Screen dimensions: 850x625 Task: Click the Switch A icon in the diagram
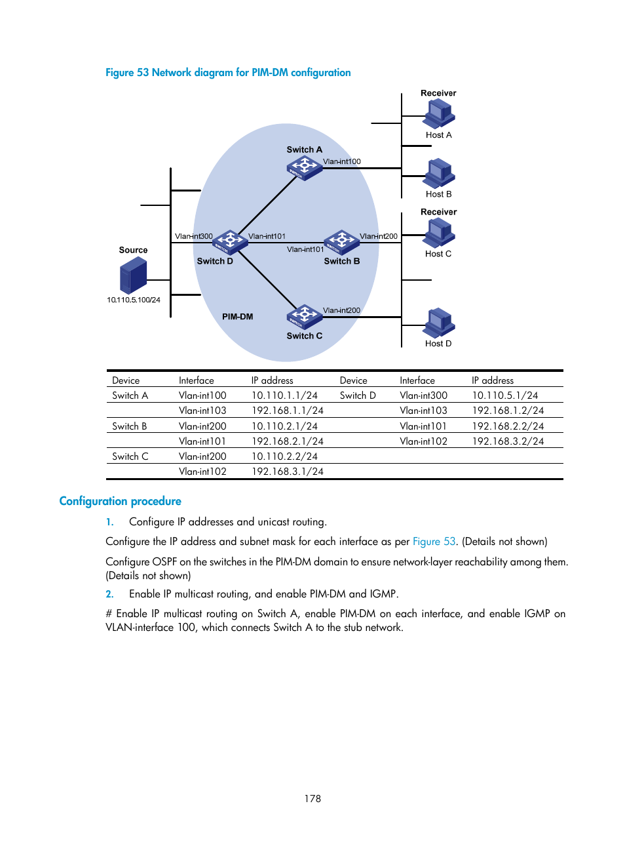(305, 167)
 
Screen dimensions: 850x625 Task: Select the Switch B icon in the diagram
(342, 241)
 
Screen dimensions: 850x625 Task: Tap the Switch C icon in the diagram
(305, 316)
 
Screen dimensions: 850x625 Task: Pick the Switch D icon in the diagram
(230, 241)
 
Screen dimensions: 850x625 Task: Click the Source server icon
(134, 275)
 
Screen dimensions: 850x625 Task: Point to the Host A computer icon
(439, 114)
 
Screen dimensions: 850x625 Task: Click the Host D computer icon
(439, 322)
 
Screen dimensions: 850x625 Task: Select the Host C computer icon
(439, 233)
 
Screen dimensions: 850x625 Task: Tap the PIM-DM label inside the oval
(237, 317)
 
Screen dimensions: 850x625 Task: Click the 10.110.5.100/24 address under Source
(134, 300)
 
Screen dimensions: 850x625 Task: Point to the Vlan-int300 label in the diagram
(193, 236)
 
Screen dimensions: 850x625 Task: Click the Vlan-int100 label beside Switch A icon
(341, 161)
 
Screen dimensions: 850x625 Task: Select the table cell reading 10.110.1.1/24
(284, 395)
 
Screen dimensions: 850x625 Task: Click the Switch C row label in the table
(130, 456)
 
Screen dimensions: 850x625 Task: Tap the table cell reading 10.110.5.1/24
(505, 395)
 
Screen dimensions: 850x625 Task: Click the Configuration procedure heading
(121, 501)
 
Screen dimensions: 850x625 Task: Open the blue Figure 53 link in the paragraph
(434, 542)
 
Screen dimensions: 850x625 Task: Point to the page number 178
(312, 798)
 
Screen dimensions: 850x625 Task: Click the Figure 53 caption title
(228, 73)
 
